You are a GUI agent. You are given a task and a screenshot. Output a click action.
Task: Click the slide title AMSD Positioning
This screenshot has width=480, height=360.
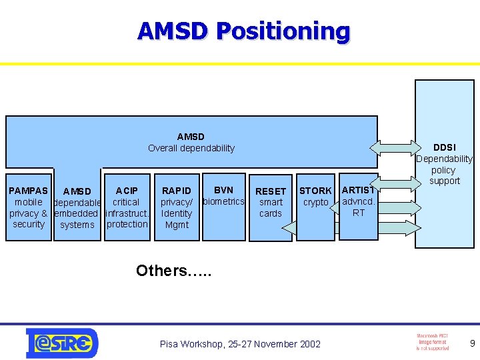click(x=243, y=31)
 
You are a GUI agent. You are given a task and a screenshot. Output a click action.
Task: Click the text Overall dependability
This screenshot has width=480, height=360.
click(x=191, y=148)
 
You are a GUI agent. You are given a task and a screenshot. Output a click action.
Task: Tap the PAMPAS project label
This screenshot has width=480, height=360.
click(x=28, y=191)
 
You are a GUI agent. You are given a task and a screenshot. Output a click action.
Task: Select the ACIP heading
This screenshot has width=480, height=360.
click(x=127, y=191)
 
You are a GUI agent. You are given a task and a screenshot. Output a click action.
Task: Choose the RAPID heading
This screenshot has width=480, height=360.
click(x=177, y=191)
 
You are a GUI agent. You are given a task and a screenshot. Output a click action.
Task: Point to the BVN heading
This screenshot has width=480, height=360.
click(x=223, y=190)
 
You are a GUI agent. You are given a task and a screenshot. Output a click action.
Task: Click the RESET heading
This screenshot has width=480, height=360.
click(x=271, y=191)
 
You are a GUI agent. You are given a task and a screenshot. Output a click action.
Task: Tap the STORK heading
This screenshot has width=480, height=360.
click(x=315, y=191)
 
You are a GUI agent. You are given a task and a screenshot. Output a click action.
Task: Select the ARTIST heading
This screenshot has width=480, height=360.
click(x=359, y=190)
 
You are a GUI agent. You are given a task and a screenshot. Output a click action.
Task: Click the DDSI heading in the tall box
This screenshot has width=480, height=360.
click(x=445, y=147)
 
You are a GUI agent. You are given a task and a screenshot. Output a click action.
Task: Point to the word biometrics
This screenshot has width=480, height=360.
click(x=223, y=201)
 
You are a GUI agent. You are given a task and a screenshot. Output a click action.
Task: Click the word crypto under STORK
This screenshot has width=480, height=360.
click(x=315, y=202)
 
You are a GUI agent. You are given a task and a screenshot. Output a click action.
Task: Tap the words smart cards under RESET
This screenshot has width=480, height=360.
click(x=271, y=208)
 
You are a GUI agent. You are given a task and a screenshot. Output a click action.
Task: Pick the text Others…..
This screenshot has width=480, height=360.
click(x=173, y=271)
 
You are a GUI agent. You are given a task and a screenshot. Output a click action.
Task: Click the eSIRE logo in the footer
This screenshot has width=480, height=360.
click(x=62, y=343)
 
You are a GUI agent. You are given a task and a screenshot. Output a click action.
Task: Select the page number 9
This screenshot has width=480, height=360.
click(x=472, y=344)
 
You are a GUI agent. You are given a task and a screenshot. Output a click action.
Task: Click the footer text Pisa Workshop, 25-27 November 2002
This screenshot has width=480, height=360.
click(x=240, y=344)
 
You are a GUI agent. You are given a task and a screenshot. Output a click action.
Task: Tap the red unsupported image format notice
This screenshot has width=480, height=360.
click(x=431, y=342)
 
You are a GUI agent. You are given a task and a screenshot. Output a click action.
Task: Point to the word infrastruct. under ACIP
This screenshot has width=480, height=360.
click(x=127, y=213)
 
